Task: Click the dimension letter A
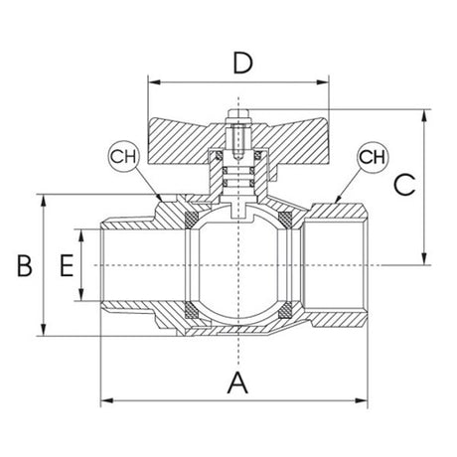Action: point(237,382)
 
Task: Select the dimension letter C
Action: point(403,185)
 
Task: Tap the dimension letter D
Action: point(237,65)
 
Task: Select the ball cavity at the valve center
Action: point(238,265)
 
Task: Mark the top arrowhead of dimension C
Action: point(425,115)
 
